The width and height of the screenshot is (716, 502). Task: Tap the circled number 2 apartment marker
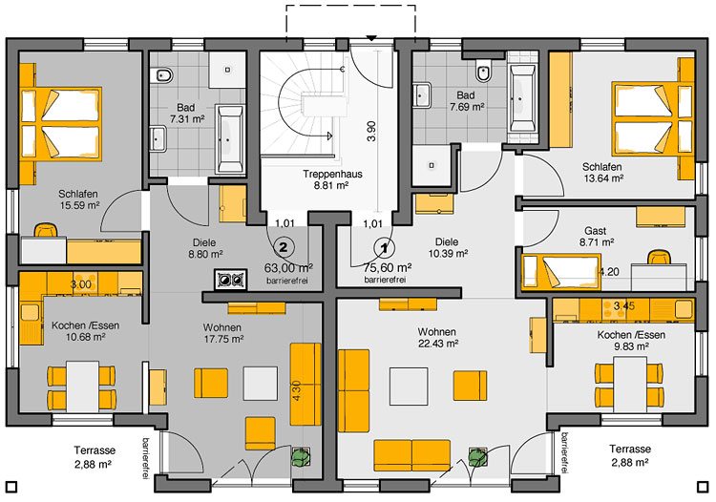click(x=284, y=248)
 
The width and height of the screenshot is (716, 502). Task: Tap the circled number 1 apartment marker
click(x=384, y=248)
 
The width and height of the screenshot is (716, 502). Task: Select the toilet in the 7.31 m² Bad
click(x=164, y=74)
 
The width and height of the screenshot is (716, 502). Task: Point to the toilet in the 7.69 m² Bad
click(x=483, y=72)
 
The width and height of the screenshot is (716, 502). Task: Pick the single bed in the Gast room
click(x=561, y=272)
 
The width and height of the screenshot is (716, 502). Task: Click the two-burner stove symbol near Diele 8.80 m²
click(x=231, y=280)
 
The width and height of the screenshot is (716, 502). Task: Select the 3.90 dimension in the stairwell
click(x=371, y=131)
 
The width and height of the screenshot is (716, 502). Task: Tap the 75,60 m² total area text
click(x=388, y=267)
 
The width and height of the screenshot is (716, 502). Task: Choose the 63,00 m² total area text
click(x=288, y=267)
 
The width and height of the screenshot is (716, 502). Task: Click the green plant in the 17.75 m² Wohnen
click(x=301, y=456)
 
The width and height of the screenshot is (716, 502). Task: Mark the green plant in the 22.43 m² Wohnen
click(x=477, y=456)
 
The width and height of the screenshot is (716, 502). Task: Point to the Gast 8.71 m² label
click(x=597, y=237)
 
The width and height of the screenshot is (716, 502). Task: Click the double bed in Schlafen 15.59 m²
click(x=61, y=123)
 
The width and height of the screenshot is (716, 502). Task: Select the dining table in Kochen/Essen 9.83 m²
click(x=630, y=385)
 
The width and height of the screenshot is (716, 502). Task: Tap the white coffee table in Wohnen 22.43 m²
click(x=409, y=387)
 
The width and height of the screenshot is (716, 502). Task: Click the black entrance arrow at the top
click(x=371, y=38)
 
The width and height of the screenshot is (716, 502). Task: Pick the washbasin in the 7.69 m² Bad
click(x=422, y=95)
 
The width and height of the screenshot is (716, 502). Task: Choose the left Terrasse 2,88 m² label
click(x=95, y=457)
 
